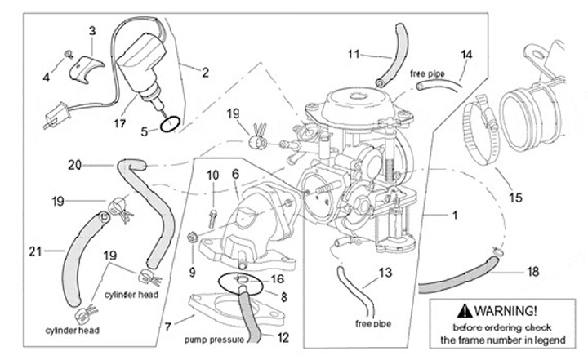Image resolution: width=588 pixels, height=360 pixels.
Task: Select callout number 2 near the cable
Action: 204,73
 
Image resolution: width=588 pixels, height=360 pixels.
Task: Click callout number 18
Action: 534,269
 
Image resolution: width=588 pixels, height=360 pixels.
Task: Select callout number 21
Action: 33,251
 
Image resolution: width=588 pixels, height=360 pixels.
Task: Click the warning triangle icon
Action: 465,310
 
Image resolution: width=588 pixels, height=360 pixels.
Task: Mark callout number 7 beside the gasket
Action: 167,327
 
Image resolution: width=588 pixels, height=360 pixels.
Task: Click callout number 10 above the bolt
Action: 212,175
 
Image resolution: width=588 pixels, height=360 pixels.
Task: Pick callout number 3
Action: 92,31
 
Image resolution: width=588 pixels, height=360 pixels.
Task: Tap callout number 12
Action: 283,336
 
